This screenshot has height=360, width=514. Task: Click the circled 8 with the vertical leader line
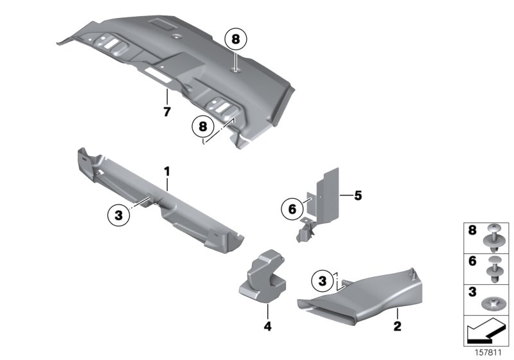(x=235, y=40)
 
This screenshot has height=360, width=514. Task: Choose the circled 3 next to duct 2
(x=323, y=280)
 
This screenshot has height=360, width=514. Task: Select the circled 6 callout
(x=292, y=209)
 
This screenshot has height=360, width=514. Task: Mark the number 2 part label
(x=396, y=327)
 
